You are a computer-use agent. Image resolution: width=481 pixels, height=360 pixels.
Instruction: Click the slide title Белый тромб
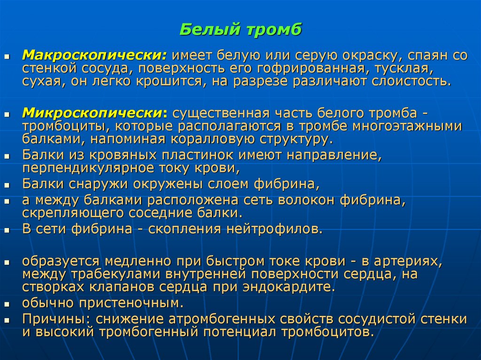coord(240,30)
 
